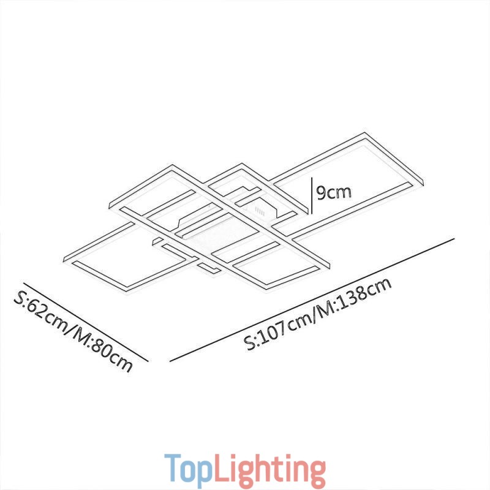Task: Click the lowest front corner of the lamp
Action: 263,289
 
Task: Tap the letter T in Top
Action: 173,469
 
